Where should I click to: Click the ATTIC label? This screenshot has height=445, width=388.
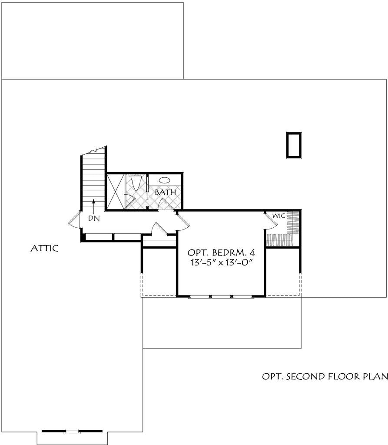click(44, 248)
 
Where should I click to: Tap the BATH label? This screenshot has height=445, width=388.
click(165, 192)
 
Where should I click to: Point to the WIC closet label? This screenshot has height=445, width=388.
click(279, 216)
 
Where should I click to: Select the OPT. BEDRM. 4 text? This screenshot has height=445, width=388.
click(222, 252)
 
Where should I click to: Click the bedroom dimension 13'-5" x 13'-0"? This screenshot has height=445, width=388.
click(222, 262)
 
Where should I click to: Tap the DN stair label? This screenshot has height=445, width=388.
click(94, 219)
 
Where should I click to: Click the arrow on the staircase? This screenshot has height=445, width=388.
click(93, 206)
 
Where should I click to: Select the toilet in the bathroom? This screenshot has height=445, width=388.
click(136, 183)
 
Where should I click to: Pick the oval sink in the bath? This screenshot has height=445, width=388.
click(164, 180)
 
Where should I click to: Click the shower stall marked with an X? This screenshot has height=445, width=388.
click(116, 192)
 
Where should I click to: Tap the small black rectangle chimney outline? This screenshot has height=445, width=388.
click(293, 145)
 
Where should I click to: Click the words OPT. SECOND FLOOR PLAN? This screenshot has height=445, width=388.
click(325, 377)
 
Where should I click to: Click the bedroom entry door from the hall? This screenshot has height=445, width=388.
click(183, 221)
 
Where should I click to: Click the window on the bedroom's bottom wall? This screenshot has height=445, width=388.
click(221, 296)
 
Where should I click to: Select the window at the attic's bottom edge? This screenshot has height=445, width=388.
click(72, 439)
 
